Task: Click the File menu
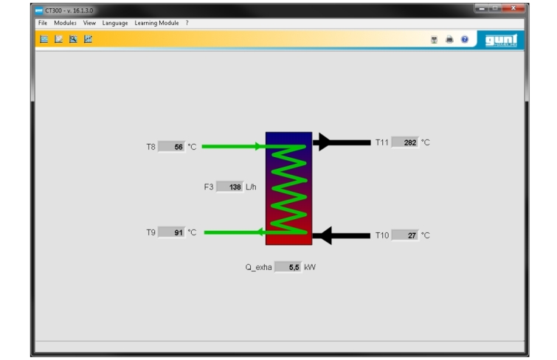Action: pos(43,23)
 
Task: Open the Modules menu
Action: pos(65,23)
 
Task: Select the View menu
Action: pos(89,23)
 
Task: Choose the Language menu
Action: pos(115,23)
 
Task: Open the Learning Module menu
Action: pos(156,23)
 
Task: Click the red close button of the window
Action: pos(513,8)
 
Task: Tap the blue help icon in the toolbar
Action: pos(465,39)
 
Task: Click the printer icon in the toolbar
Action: pos(449,39)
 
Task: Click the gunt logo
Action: pos(501,40)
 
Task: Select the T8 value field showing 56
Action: pos(172,147)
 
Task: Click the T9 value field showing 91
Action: pos(172,232)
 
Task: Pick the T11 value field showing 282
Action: pos(405,142)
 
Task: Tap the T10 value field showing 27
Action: pos(405,235)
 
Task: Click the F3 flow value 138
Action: pos(230,187)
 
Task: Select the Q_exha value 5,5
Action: pos(288,267)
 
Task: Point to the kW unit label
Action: pos(310,267)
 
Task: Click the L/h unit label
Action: pos(251,187)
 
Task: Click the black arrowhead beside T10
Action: pos(324,235)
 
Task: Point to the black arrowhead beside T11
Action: pos(325,142)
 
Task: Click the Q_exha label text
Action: pos(258,267)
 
